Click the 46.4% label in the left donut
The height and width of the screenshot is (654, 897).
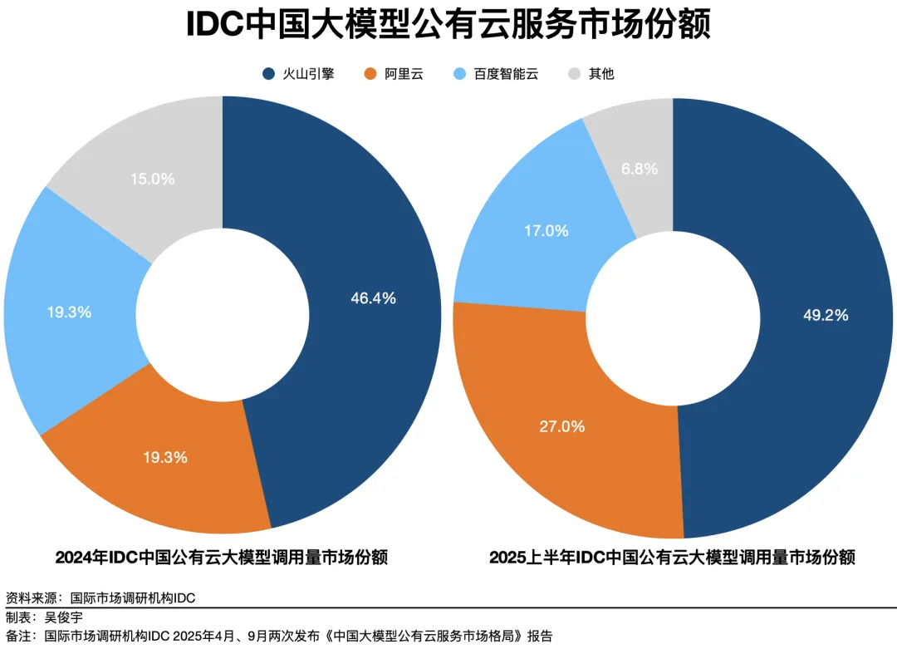click(x=373, y=297)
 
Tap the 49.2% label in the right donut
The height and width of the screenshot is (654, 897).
click(x=826, y=315)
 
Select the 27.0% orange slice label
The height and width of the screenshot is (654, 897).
click(x=562, y=426)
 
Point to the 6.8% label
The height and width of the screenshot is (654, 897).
click(x=640, y=169)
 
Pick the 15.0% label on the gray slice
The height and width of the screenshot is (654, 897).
click(x=153, y=179)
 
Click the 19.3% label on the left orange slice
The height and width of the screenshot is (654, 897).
click(x=165, y=457)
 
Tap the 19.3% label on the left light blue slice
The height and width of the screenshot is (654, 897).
click(x=69, y=312)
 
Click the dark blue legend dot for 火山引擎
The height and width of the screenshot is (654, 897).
click(x=268, y=74)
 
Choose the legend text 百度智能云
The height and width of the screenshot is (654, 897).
click(x=506, y=74)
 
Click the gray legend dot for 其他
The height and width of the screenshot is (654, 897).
click(x=574, y=74)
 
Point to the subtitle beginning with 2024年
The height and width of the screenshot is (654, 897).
click(x=221, y=557)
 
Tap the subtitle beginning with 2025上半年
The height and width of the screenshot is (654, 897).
click(x=672, y=557)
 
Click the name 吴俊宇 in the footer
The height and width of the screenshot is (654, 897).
click(x=64, y=617)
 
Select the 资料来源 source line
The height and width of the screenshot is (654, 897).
click(x=100, y=597)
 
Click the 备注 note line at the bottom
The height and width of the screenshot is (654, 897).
click(x=279, y=637)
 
